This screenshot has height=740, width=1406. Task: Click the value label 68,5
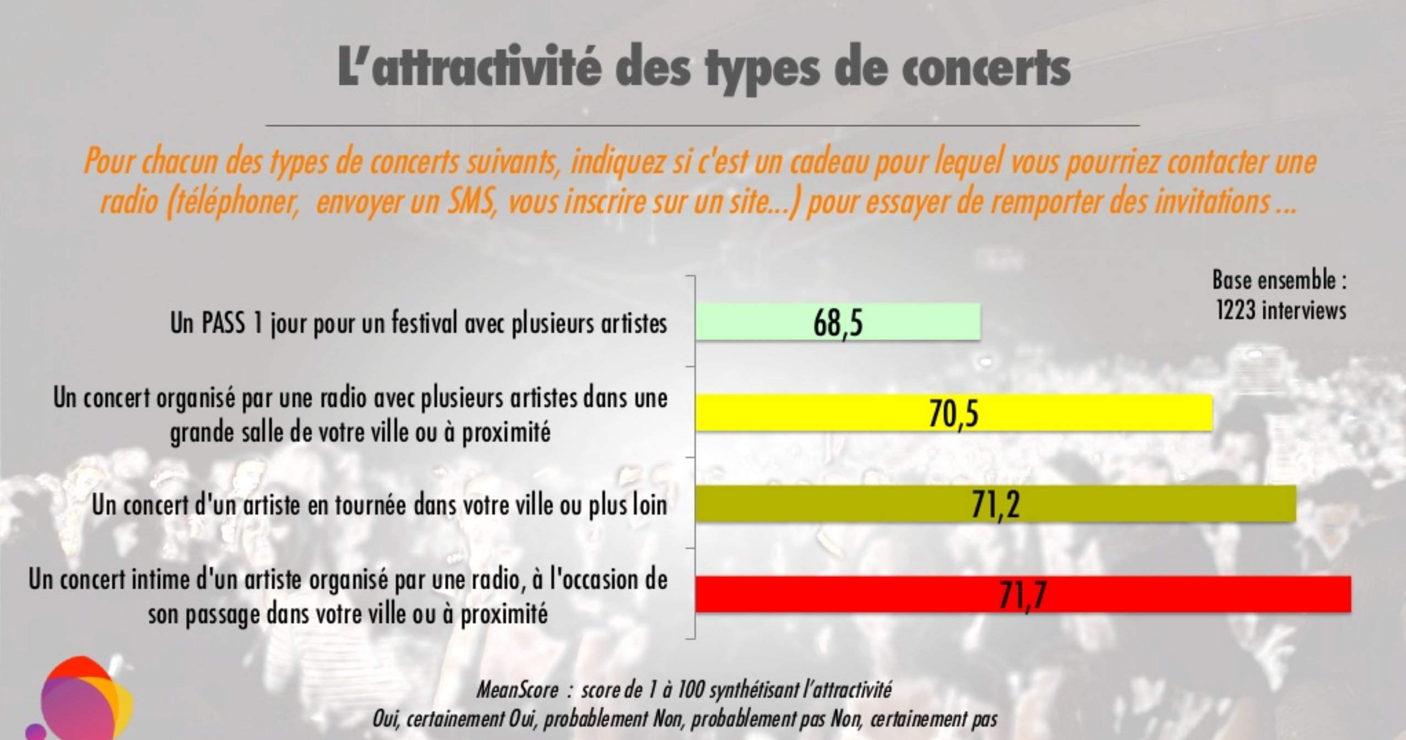[x=838, y=323]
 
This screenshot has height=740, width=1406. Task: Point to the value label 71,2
[x=995, y=505]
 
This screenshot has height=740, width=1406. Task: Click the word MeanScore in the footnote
[x=517, y=690]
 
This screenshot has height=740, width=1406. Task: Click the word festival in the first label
[x=424, y=323]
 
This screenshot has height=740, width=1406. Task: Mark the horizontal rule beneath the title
[x=702, y=126]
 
